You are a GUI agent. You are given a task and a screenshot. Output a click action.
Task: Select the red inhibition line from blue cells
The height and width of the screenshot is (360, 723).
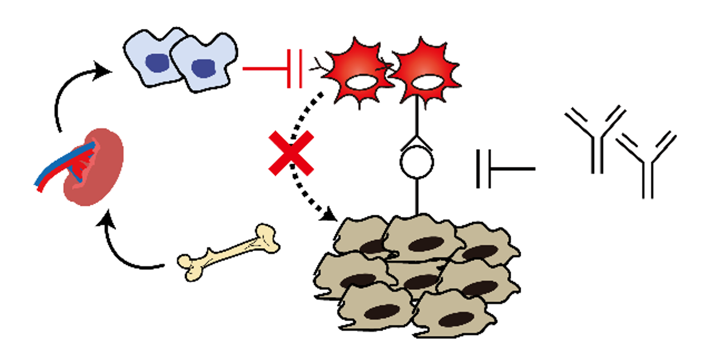click(x=266, y=68)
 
